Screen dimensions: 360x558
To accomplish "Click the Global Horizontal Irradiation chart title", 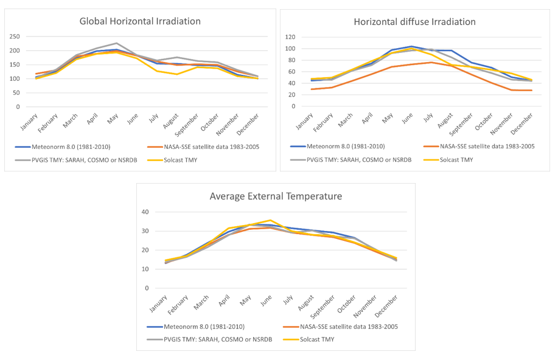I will pos(140,21).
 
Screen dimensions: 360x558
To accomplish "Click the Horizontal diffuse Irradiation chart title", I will pos(415,21).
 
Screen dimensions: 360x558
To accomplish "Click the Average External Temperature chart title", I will pos(276,196).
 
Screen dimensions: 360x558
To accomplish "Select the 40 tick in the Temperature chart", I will pos(145,212).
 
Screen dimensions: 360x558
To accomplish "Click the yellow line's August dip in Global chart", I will pos(177,74).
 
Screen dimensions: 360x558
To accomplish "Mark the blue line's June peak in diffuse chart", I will pos(412,46).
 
